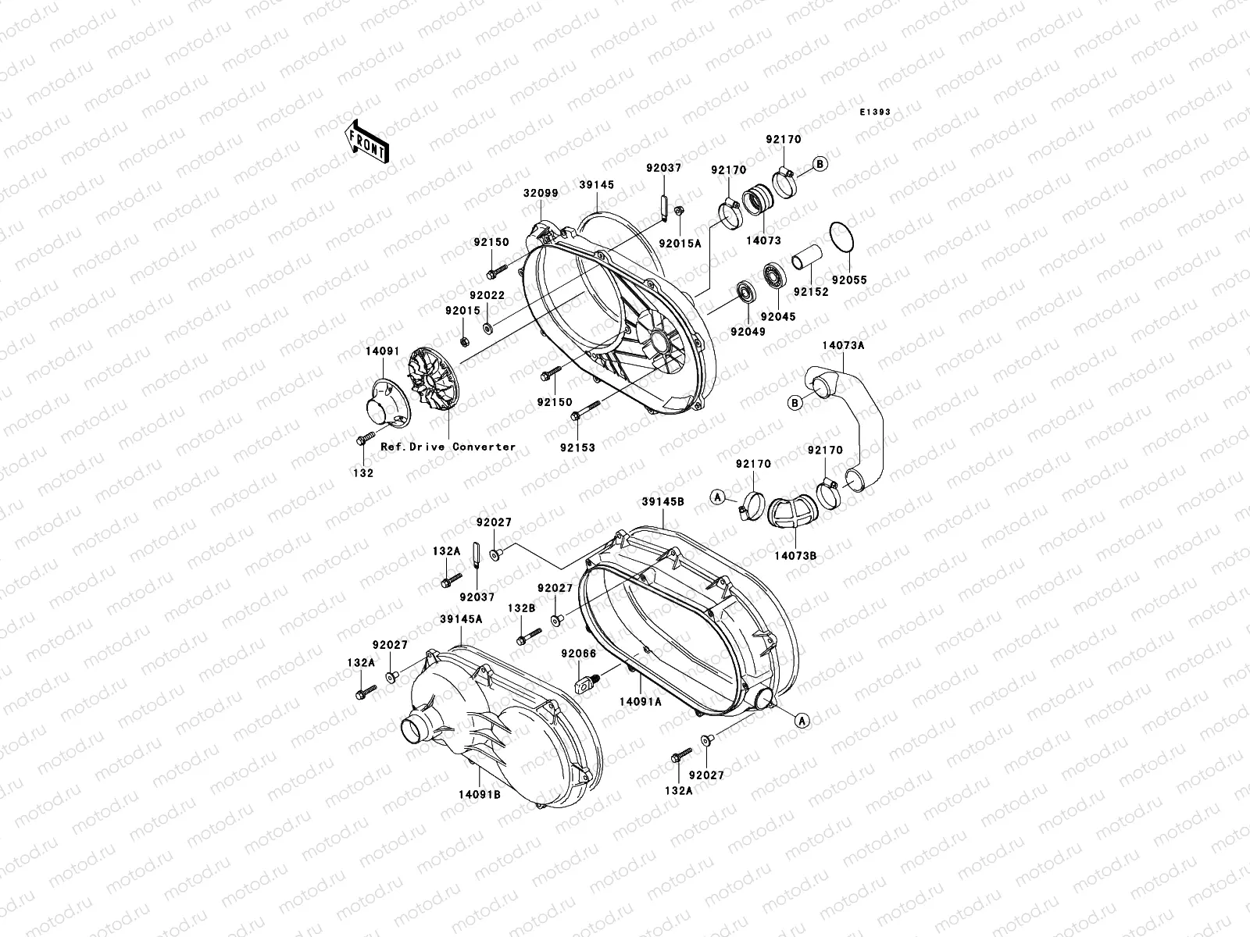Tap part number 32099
[x=540, y=191]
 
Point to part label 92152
[x=809, y=290]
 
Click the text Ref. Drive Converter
[x=448, y=447]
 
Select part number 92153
[x=577, y=448]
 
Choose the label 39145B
[x=663, y=501]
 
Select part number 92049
[x=748, y=331]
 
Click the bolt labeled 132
[x=362, y=441]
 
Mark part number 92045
[x=777, y=316]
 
